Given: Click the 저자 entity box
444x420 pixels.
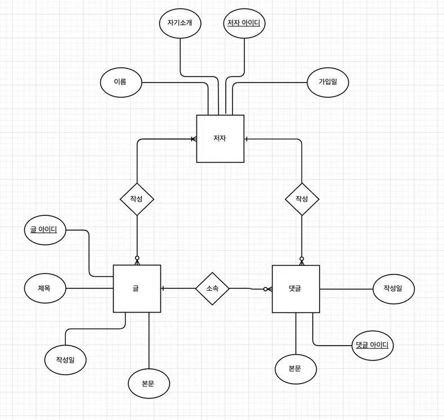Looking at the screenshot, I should point(220,138).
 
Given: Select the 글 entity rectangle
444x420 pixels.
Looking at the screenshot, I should point(137,288).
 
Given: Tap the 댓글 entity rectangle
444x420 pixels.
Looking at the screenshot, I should point(295,288).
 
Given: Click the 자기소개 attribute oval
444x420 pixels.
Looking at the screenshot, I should point(180,23).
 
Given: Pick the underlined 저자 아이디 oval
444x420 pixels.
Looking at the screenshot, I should point(244,23).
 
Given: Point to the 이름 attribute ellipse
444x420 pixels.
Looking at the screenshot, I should point(121,82).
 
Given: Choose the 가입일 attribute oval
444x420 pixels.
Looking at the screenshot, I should point(328,82).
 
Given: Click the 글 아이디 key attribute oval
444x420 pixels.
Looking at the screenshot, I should point(45,229).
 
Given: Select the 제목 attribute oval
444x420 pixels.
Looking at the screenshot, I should point(45,288).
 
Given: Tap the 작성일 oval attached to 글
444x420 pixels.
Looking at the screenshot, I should point(65,359).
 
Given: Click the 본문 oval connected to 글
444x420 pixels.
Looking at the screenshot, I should point(149,383).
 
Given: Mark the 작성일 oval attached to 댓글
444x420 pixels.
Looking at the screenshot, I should point(393,288).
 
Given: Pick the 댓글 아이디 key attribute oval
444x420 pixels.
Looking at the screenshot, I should point(373,345).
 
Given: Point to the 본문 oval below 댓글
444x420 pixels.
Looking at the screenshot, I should point(295,369).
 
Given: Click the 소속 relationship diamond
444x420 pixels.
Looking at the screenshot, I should point(212,288).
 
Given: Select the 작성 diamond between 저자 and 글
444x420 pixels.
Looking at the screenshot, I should point(137,199).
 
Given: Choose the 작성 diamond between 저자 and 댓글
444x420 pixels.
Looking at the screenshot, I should point(302,199).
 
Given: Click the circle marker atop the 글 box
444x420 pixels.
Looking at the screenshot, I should point(137,259).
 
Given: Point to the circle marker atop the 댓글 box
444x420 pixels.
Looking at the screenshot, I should point(302,259).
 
